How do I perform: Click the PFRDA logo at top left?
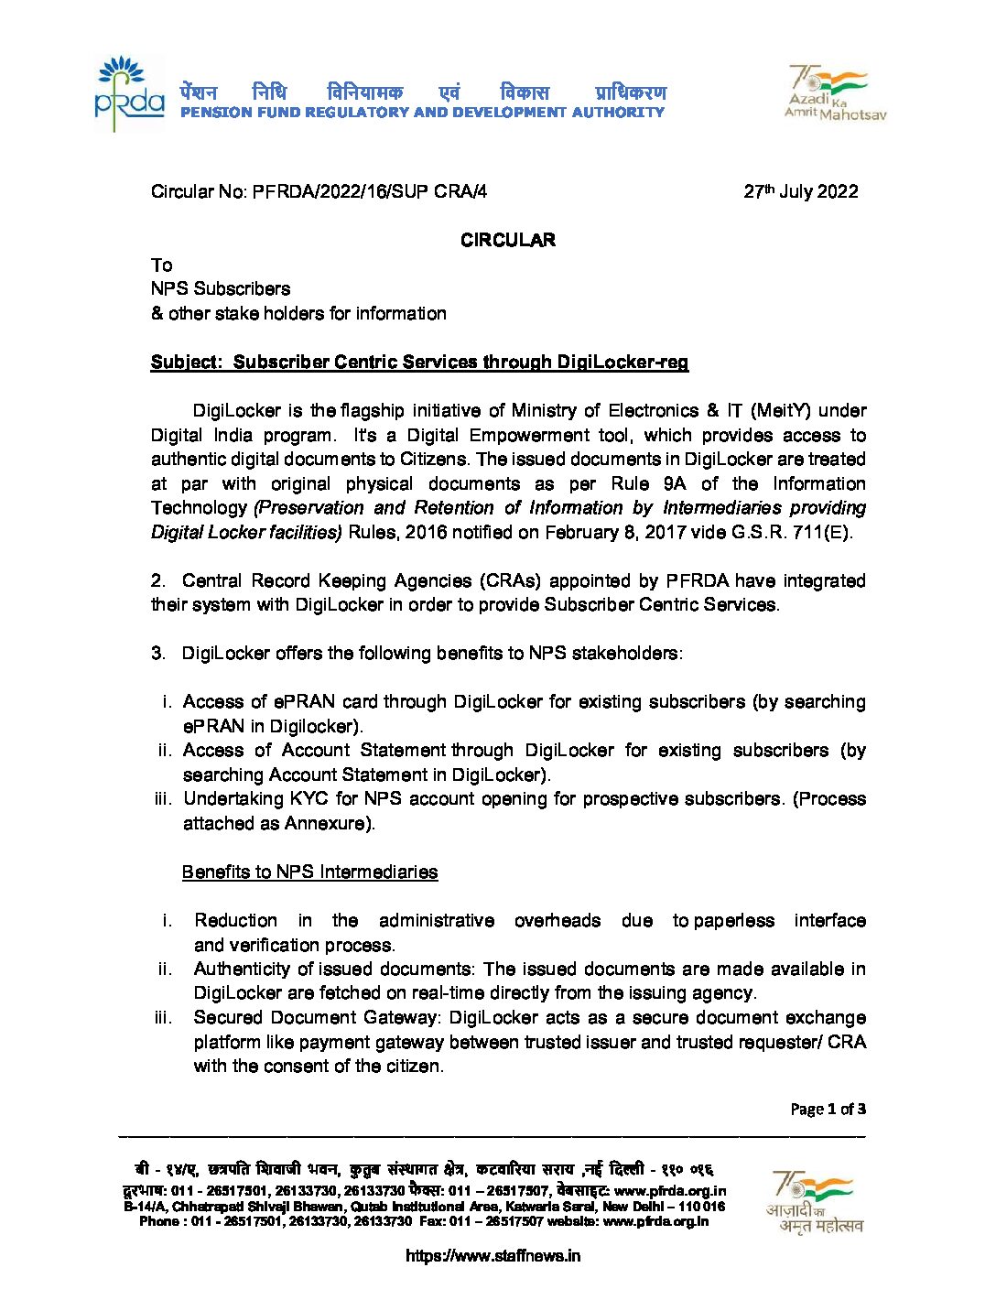(x=129, y=93)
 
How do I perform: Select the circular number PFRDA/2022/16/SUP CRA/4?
(x=370, y=191)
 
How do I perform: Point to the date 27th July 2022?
(x=801, y=191)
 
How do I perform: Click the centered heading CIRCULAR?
(x=508, y=240)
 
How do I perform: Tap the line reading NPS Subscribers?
(x=221, y=288)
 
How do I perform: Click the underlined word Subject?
(x=187, y=362)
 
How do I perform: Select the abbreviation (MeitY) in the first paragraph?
(x=781, y=410)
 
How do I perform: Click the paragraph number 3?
(x=157, y=653)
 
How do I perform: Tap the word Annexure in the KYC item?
(x=326, y=823)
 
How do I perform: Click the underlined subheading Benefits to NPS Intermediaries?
(x=309, y=872)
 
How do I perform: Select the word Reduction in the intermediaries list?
(x=235, y=920)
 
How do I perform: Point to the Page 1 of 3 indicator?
(x=828, y=1109)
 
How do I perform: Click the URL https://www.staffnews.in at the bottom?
(x=493, y=1256)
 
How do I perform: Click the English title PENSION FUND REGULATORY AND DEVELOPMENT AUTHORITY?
(x=422, y=113)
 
